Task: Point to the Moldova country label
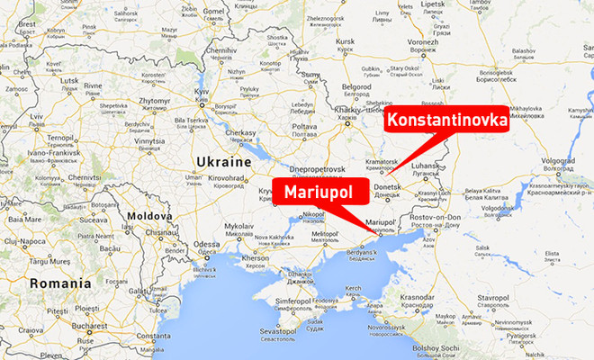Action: coord(148,217)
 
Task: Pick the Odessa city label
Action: coord(206,245)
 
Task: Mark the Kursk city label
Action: coord(343,41)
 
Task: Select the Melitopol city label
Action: coord(324,234)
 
